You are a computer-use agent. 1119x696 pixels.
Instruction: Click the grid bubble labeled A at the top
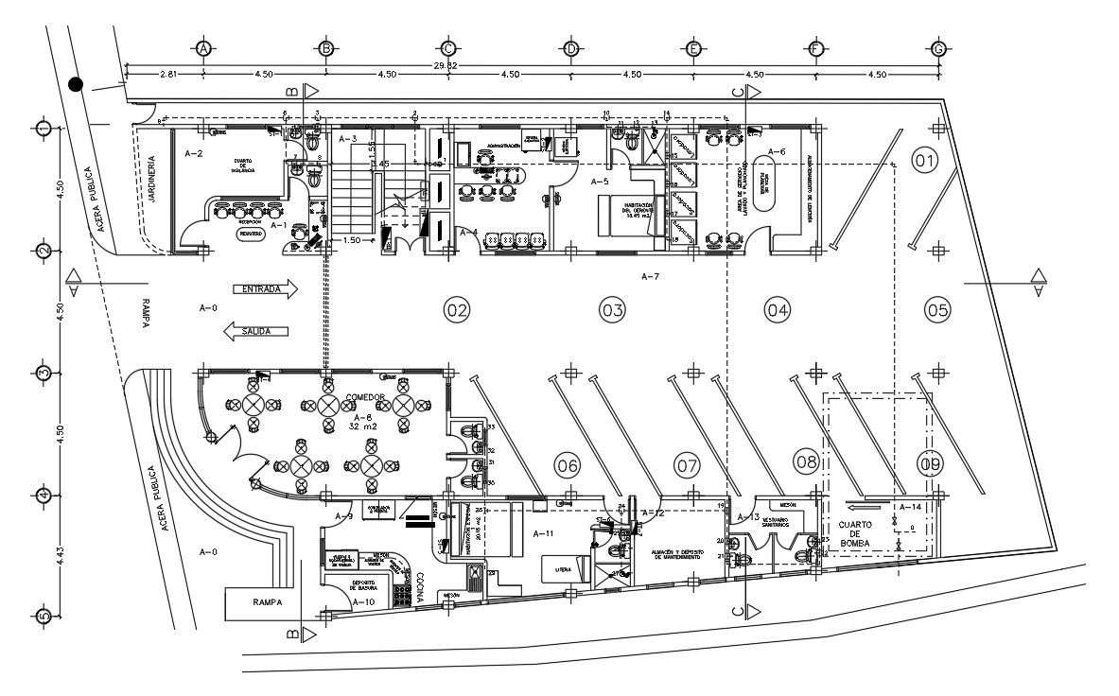(202, 48)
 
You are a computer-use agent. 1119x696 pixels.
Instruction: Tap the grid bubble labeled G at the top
(938, 48)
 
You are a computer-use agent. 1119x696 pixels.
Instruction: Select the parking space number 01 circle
(924, 161)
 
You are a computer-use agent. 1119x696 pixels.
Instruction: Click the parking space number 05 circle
(937, 308)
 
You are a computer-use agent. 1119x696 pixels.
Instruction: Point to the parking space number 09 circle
(930, 463)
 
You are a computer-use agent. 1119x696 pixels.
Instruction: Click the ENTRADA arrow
(265, 289)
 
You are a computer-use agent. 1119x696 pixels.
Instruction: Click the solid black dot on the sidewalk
(76, 85)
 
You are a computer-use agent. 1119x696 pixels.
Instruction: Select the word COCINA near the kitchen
(417, 585)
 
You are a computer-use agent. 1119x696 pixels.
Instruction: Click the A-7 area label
(650, 277)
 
